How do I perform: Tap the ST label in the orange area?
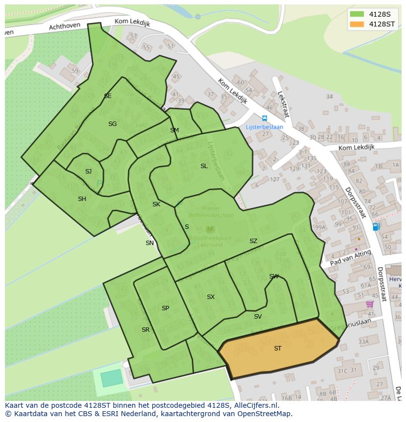pos(278,348)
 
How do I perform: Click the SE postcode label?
pos(107,96)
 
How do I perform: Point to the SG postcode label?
pos(112,124)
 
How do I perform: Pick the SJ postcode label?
pos(88,172)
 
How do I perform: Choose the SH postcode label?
pos(82,199)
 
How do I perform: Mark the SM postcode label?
pos(174,130)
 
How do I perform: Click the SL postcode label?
pos(204,166)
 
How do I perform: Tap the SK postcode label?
pos(156,204)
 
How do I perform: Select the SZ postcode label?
pos(253,241)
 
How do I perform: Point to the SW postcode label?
pos(274,276)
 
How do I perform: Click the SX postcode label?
pos(210,297)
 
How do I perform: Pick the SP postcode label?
pos(165,308)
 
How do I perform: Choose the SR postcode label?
pos(145,330)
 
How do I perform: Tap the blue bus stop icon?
pos(264,118)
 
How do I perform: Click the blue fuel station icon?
pos(376,226)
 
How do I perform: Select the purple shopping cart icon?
pos(370,304)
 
